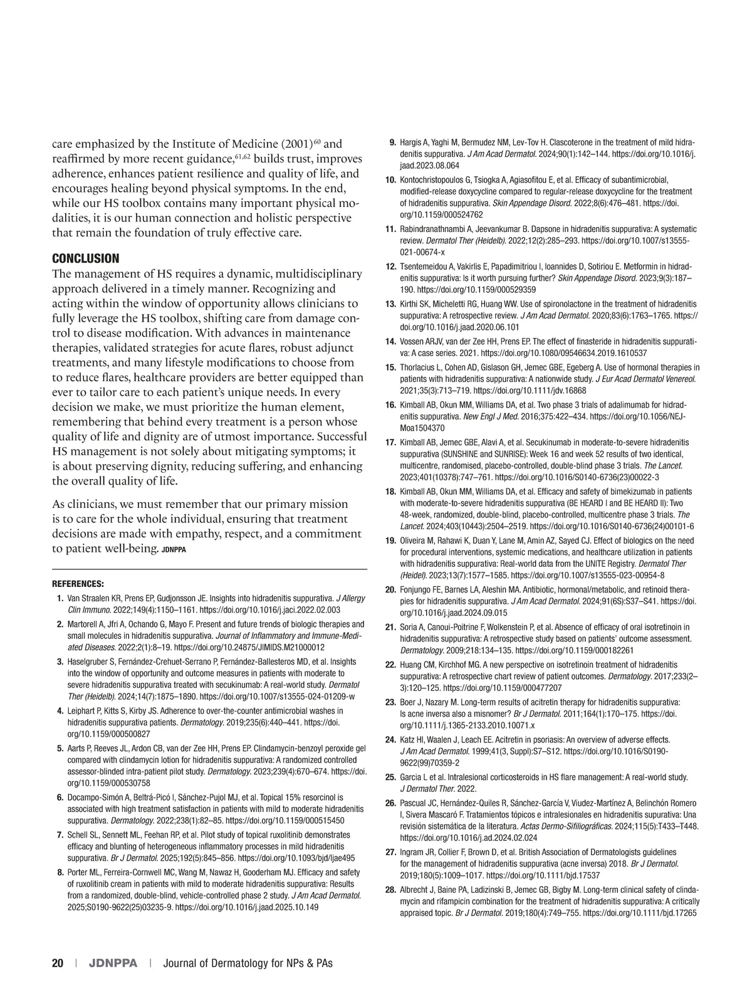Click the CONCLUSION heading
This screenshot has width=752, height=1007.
click(x=85, y=259)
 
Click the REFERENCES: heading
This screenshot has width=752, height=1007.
click(x=78, y=584)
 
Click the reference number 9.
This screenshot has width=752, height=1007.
click(x=392, y=142)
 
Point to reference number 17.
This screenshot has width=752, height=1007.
click(x=390, y=443)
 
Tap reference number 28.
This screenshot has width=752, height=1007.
click(x=390, y=890)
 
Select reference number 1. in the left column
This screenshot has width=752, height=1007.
click(x=60, y=599)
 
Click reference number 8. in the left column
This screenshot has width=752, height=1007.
click(x=60, y=873)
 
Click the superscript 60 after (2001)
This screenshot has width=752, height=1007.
click(x=317, y=140)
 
